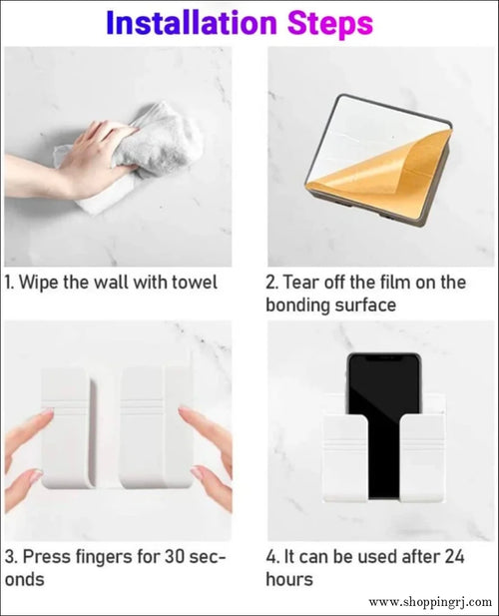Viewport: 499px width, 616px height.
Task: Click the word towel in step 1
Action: [x=192, y=283]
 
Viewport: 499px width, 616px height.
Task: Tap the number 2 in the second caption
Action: [x=270, y=283]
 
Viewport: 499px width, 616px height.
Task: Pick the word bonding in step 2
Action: [x=298, y=306]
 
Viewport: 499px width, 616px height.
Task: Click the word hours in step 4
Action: [x=289, y=579]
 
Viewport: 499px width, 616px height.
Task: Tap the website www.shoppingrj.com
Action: [x=429, y=602]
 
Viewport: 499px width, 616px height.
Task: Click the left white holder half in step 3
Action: [x=70, y=424]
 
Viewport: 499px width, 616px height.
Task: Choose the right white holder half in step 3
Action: [x=155, y=424]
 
